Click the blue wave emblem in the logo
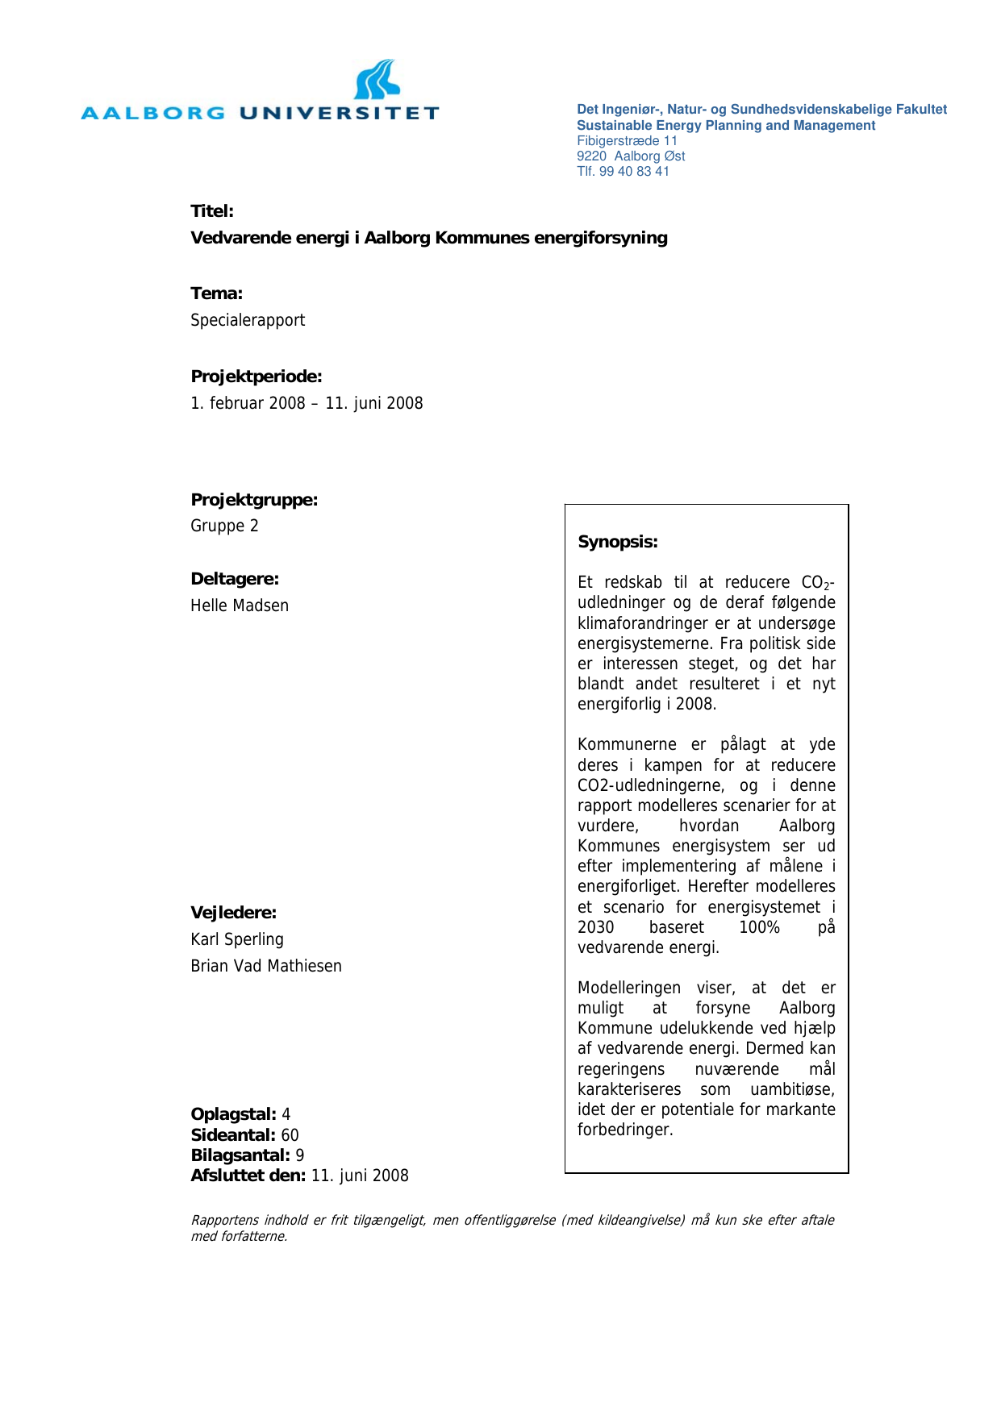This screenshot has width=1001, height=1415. (x=377, y=80)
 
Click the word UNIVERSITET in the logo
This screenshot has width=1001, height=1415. (x=339, y=113)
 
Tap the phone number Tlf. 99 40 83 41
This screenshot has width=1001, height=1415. (x=623, y=171)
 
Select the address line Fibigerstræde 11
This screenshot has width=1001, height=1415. (x=627, y=140)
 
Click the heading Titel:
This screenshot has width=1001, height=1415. (x=212, y=211)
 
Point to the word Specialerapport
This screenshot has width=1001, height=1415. (x=248, y=320)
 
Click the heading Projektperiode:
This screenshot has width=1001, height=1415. (x=257, y=377)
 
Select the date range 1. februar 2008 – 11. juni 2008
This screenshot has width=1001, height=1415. (x=307, y=403)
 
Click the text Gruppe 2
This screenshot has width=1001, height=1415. (x=224, y=526)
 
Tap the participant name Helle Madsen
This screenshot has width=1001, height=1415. (x=240, y=606)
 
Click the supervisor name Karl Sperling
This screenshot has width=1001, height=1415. (x=237, y=939)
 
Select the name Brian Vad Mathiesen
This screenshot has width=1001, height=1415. (x=266, y=966)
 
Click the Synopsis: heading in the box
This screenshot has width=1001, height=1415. (x=618, y=542)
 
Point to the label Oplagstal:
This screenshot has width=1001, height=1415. (x=233, y=1114)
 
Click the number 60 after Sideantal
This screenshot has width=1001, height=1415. (x=290, y=1135)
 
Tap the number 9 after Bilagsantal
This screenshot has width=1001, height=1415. (x=300, y=1155)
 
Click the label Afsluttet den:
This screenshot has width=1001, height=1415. (x=248, y=1176)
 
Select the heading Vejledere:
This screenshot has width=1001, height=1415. (x=233, y=913)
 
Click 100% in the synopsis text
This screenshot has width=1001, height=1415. (x=759, y=927)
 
